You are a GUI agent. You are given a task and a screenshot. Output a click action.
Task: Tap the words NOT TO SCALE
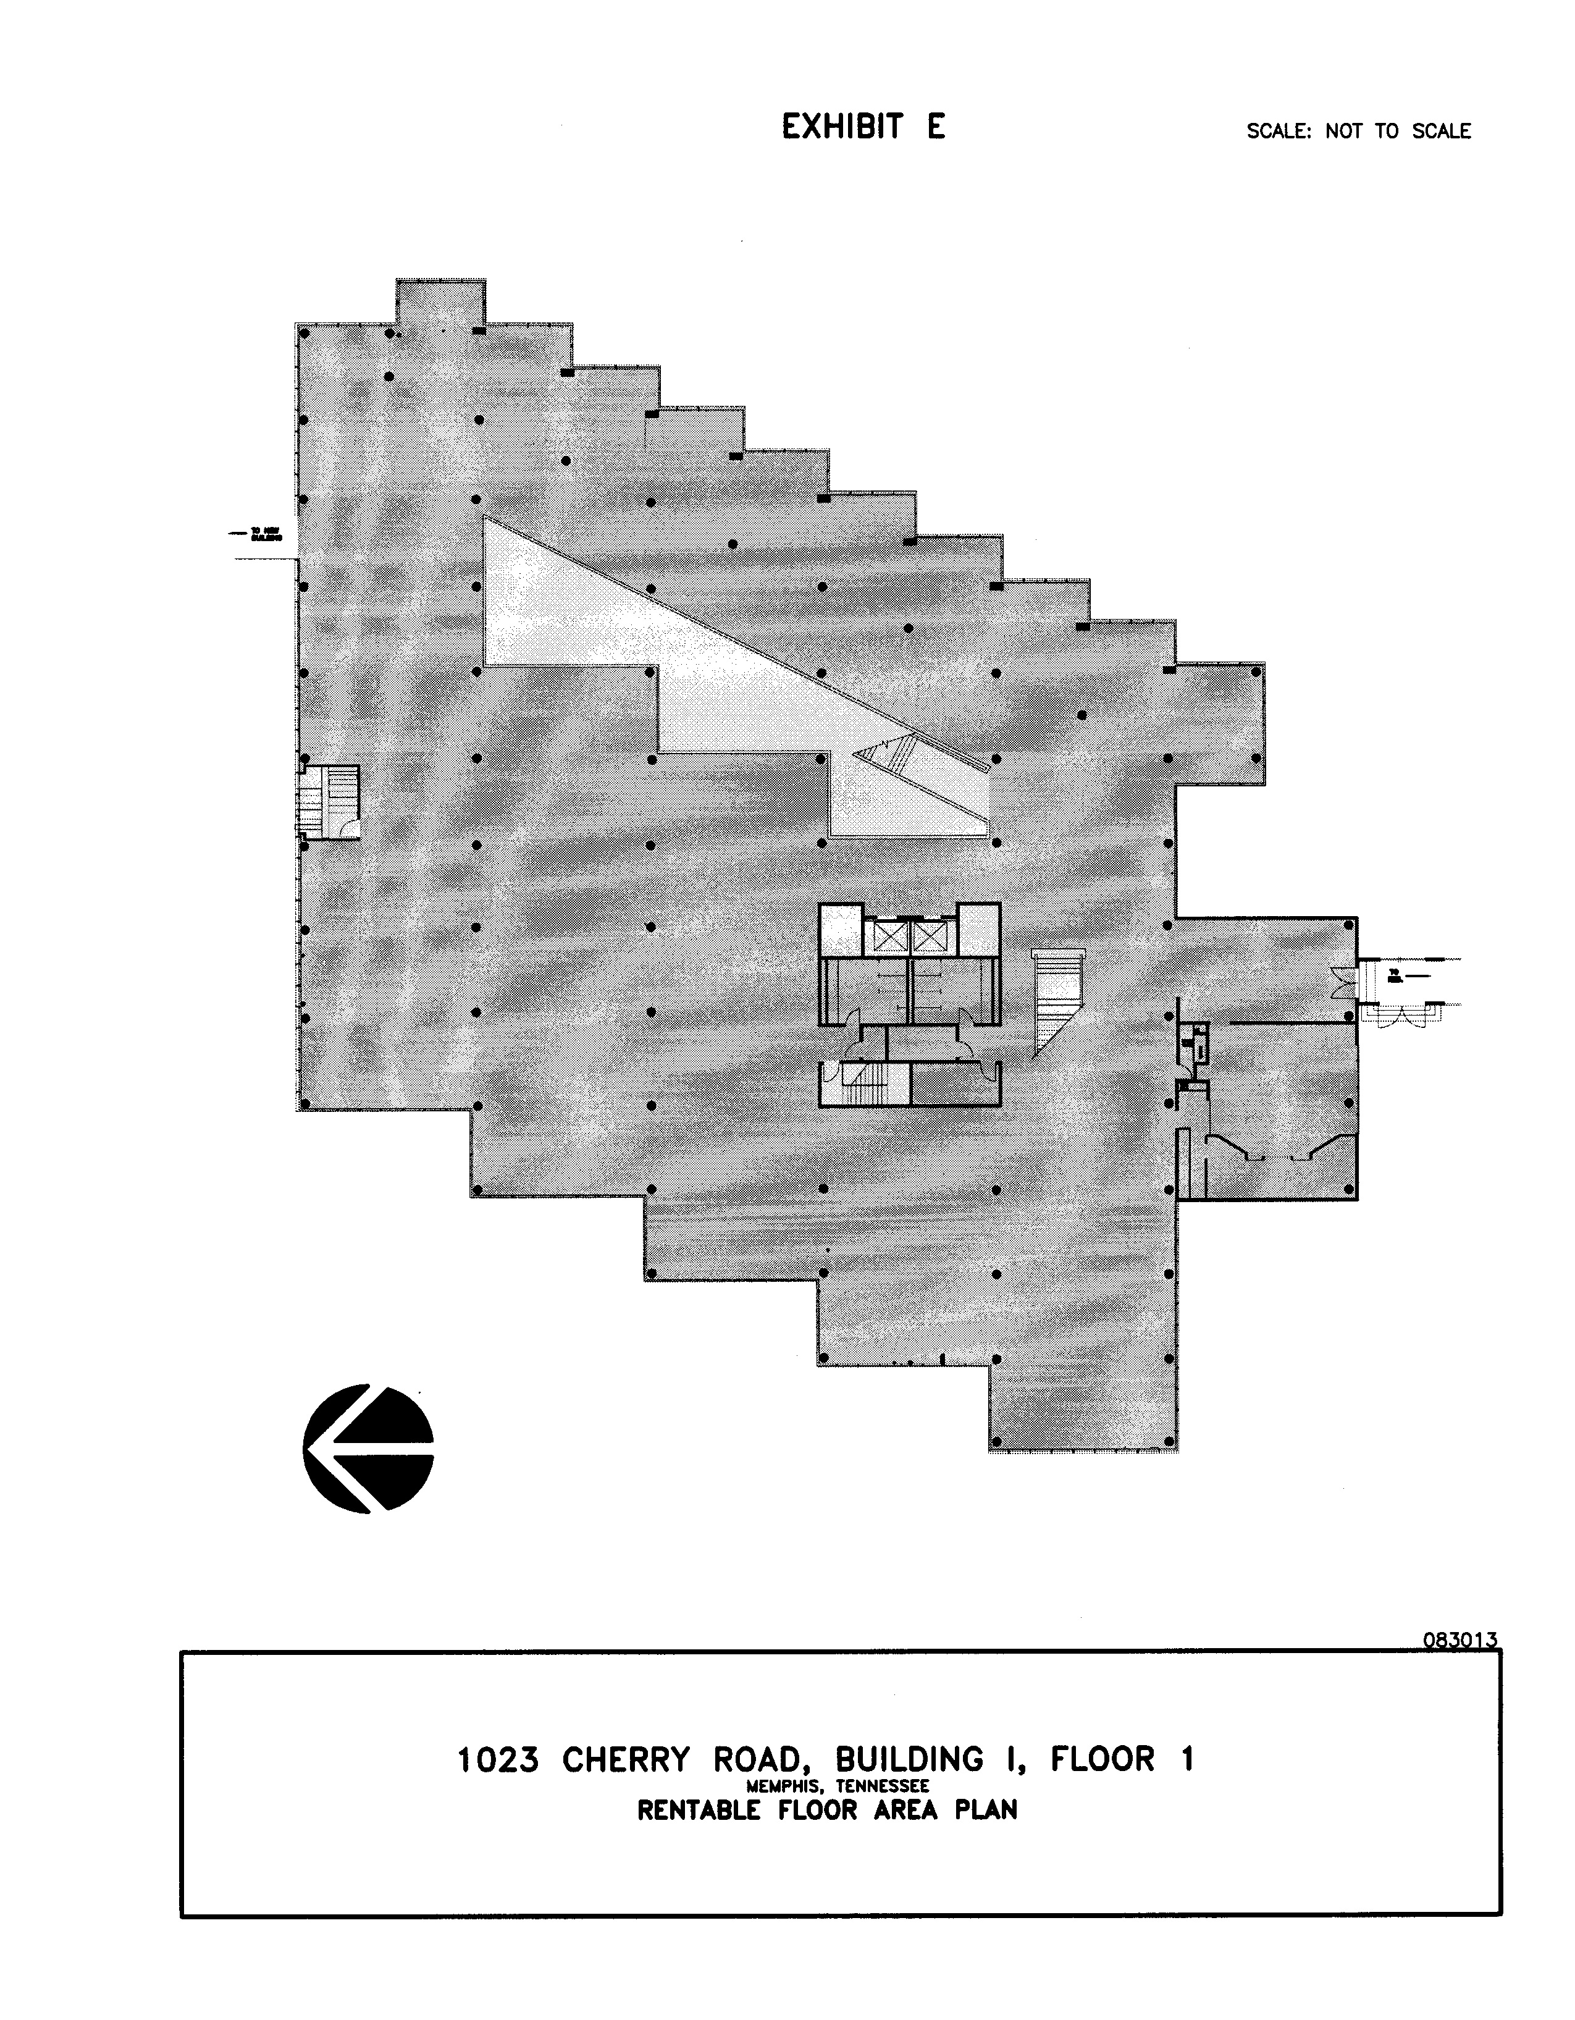point(1398,132)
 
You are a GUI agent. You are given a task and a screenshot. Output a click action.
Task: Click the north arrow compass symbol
point(368,1449)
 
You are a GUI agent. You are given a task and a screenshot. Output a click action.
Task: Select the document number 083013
point(1460,1640)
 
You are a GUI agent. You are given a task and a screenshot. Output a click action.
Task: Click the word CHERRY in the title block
point(626,1759)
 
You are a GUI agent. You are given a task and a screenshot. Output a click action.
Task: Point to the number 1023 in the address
point(498,1759)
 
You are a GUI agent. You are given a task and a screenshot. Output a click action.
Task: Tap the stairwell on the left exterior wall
point(329,802)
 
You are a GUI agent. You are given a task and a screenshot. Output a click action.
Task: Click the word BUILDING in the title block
point(909,1759)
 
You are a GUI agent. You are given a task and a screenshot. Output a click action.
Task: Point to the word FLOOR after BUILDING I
point(1102,1759)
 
